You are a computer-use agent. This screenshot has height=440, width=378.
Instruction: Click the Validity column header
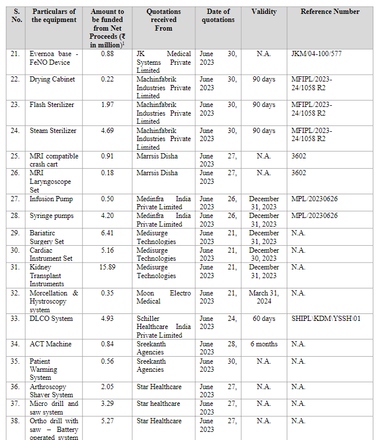[264, 12]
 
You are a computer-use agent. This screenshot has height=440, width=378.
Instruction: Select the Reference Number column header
[330, 12]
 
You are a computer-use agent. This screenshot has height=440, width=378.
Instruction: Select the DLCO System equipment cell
[51, 319]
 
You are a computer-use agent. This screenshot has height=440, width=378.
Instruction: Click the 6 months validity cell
[264, 344]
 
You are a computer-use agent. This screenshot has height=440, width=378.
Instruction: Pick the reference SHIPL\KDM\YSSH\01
[326, 319]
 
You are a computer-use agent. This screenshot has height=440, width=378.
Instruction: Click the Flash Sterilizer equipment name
[53, 105]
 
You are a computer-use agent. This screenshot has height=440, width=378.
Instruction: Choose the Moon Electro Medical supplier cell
[164, 297]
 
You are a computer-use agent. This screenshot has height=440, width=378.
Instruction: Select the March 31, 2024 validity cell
[264, 297]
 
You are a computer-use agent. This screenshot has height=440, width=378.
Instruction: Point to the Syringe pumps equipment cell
[51, 216]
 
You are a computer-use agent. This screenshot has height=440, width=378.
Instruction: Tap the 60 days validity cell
[264, 319]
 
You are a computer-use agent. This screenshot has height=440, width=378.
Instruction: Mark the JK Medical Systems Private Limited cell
[164, 62]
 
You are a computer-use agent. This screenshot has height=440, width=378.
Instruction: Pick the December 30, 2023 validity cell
[264, 254]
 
